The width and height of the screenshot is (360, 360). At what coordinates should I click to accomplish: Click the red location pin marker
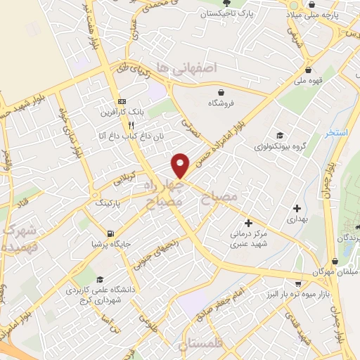[x=181, y=165]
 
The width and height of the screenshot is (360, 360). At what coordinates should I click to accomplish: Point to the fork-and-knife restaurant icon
[x=131, y=125]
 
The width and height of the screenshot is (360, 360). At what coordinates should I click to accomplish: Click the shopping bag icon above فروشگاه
[x=221, y=92]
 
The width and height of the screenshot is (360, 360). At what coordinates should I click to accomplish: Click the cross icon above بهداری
[x=297, y=208]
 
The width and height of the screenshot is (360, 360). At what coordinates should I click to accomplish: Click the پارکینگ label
[x=108, y=202]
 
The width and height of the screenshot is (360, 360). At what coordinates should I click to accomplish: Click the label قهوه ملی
[x=309, y=80]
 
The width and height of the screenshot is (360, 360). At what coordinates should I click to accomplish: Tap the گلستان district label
[x=201, y=345]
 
